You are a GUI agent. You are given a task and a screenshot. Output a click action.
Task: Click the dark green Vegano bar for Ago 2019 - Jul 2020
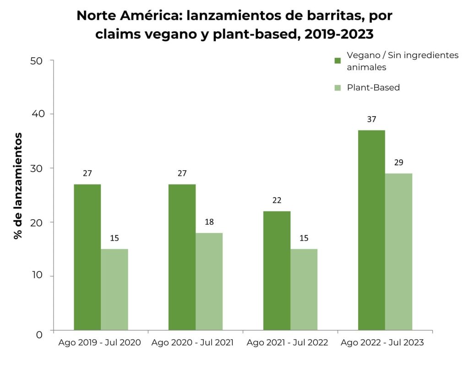(87, 257)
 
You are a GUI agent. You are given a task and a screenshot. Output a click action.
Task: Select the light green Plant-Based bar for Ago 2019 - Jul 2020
(114, 289)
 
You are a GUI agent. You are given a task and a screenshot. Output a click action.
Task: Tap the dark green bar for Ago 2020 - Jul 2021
(182, 257)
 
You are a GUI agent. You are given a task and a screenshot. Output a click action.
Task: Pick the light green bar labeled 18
(209, 281)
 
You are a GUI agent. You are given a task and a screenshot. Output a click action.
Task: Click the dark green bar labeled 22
(277, 270)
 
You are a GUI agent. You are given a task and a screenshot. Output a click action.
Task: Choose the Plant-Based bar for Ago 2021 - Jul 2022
(304, 289)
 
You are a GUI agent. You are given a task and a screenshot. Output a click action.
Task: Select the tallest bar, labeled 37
(371, 230)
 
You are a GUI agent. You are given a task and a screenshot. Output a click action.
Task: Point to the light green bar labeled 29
(398, 252)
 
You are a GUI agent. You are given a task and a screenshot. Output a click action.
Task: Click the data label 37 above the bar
(371, 119)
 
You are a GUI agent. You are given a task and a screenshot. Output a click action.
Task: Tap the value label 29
(398, 162)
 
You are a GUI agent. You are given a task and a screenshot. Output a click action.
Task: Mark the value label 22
(277, 200)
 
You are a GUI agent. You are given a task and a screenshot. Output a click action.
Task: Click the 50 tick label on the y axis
(36, 61)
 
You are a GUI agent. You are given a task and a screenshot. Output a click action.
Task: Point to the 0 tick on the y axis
(39, 334)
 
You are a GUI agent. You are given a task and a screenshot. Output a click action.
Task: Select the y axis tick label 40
(36, 114)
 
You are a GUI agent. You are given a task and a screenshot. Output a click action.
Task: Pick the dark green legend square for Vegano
(338, 60)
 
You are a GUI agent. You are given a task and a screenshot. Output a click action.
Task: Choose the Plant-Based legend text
(373, 87)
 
